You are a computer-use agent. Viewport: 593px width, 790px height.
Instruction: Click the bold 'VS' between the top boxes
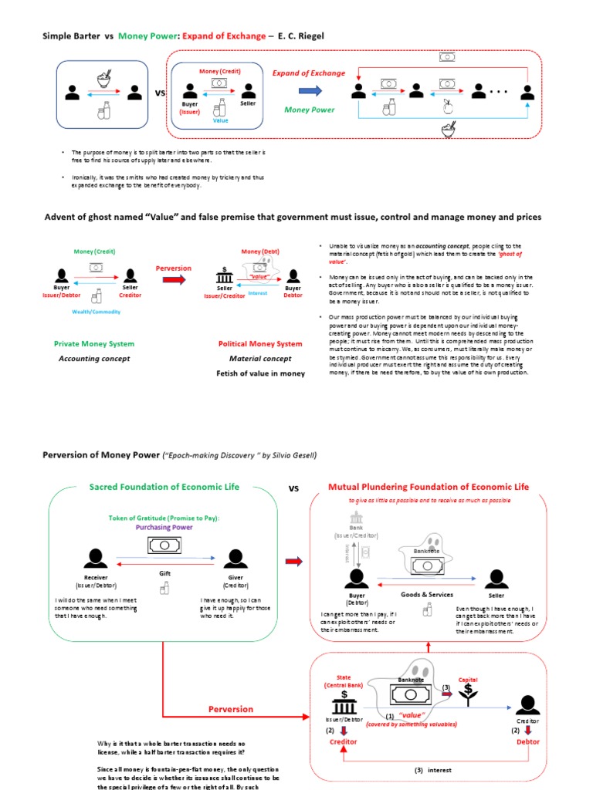(161, 93)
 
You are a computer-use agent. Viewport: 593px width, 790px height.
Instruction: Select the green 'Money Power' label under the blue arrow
(309, 110)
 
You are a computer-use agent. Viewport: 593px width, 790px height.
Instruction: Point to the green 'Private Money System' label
(93, 344)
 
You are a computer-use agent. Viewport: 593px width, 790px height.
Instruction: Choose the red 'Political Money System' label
(260, 344)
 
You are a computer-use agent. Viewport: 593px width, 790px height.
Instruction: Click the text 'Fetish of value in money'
(260, 373)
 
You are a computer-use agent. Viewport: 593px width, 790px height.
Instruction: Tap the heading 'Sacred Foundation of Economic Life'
(164, 487)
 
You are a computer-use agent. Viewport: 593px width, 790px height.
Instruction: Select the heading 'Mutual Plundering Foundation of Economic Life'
(429, 487)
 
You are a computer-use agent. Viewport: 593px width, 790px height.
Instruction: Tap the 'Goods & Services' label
(427, 594)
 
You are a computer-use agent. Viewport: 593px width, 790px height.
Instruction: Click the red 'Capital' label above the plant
(468, 680)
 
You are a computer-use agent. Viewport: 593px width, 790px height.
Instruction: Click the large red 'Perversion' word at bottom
(231, 709)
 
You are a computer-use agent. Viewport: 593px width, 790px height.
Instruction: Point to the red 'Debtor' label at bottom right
(527, 741)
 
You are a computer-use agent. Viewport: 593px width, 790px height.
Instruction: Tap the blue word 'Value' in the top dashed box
(221, 120)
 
